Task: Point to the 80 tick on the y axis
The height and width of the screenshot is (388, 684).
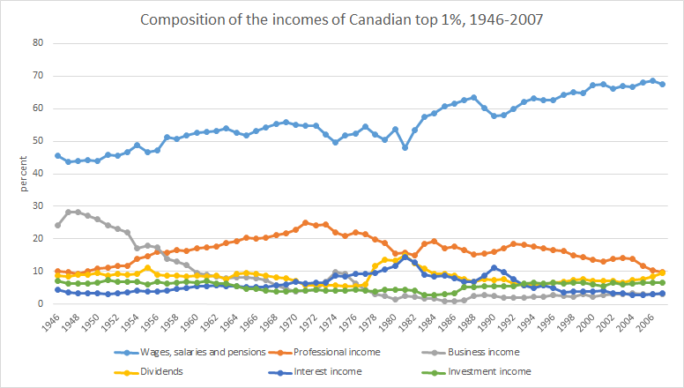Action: pos(38,42)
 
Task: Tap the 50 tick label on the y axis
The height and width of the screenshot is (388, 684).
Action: pos(38,140)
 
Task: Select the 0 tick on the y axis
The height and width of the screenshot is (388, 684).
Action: pos(41,304)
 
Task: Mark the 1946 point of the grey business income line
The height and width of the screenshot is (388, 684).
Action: pos(58,225)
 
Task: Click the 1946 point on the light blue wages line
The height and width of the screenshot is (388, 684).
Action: pos(58,156)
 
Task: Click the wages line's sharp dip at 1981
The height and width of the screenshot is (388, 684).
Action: pos(405,147)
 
